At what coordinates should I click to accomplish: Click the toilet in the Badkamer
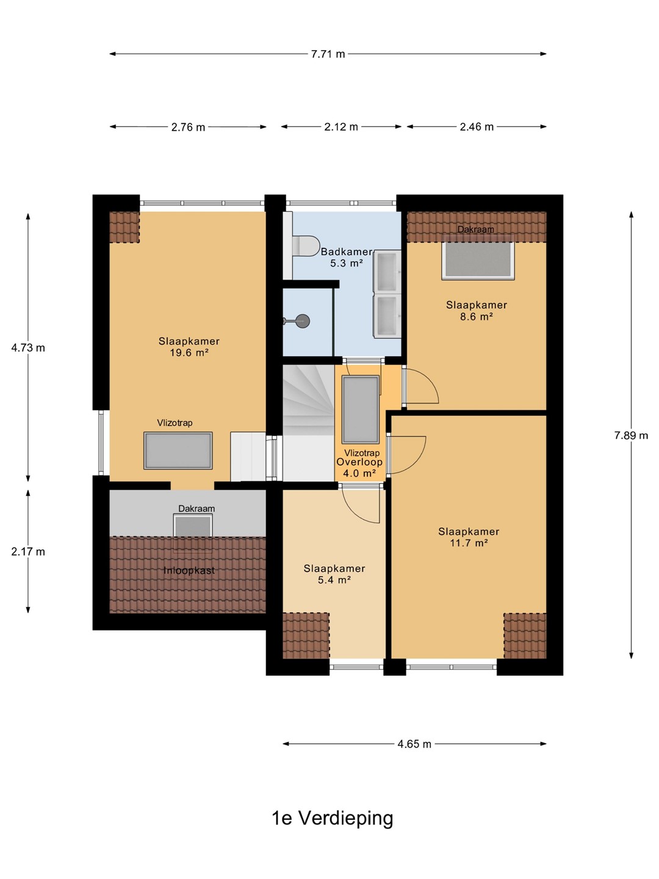(306, 245)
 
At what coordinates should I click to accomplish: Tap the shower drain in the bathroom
(303, 320)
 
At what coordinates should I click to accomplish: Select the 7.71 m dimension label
(328, 54)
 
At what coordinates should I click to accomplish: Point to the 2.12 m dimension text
(341, 127)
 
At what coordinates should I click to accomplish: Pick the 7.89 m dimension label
(631, 435)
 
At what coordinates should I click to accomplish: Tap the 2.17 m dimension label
(28, 552)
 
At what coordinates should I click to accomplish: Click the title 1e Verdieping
(333, 818)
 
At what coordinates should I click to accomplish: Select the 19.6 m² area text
(189, 353)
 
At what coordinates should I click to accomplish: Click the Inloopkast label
(189, 571)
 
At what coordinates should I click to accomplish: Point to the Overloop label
(359, 461)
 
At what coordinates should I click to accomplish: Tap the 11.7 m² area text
(469, 543)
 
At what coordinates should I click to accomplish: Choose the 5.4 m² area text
(334, 580)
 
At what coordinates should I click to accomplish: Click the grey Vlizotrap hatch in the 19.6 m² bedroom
(178, 450)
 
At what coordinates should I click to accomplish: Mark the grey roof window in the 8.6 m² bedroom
(478, 260)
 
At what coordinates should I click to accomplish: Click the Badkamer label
(347, 252)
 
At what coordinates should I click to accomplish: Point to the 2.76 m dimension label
(188, 128)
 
